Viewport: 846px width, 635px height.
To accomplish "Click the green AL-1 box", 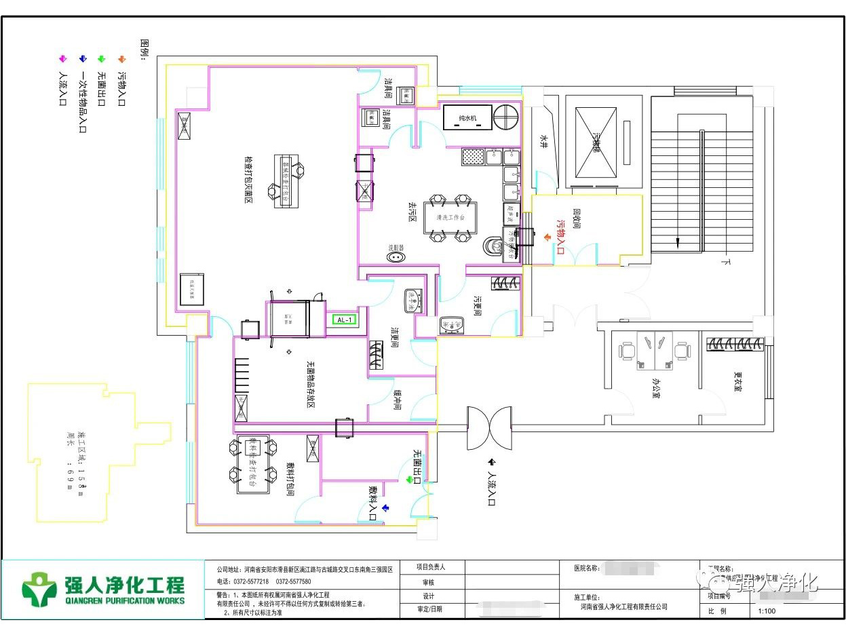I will pyautogui.click(x=344, y=320).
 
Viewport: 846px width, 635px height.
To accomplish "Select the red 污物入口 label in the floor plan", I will pyautogui.click(x=560, y=236).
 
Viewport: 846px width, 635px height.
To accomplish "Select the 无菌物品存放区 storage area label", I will pyautogui.click(x=310, y=384).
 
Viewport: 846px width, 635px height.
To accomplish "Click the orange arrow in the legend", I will pyautogui.click(x=121, y=60).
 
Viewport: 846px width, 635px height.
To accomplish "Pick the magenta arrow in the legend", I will pyautogui.click(x=62, y=60).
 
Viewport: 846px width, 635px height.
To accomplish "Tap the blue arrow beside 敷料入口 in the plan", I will pyautogui.click(x=385, y=507).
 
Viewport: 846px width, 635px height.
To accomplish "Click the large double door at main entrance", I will pyautogui.click(x=488, y=428).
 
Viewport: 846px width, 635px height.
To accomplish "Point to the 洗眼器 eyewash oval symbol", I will pyautogui.click(x=396, y=256).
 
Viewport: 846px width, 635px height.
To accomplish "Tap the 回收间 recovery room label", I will pyautogui.click(x=577, y=218).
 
